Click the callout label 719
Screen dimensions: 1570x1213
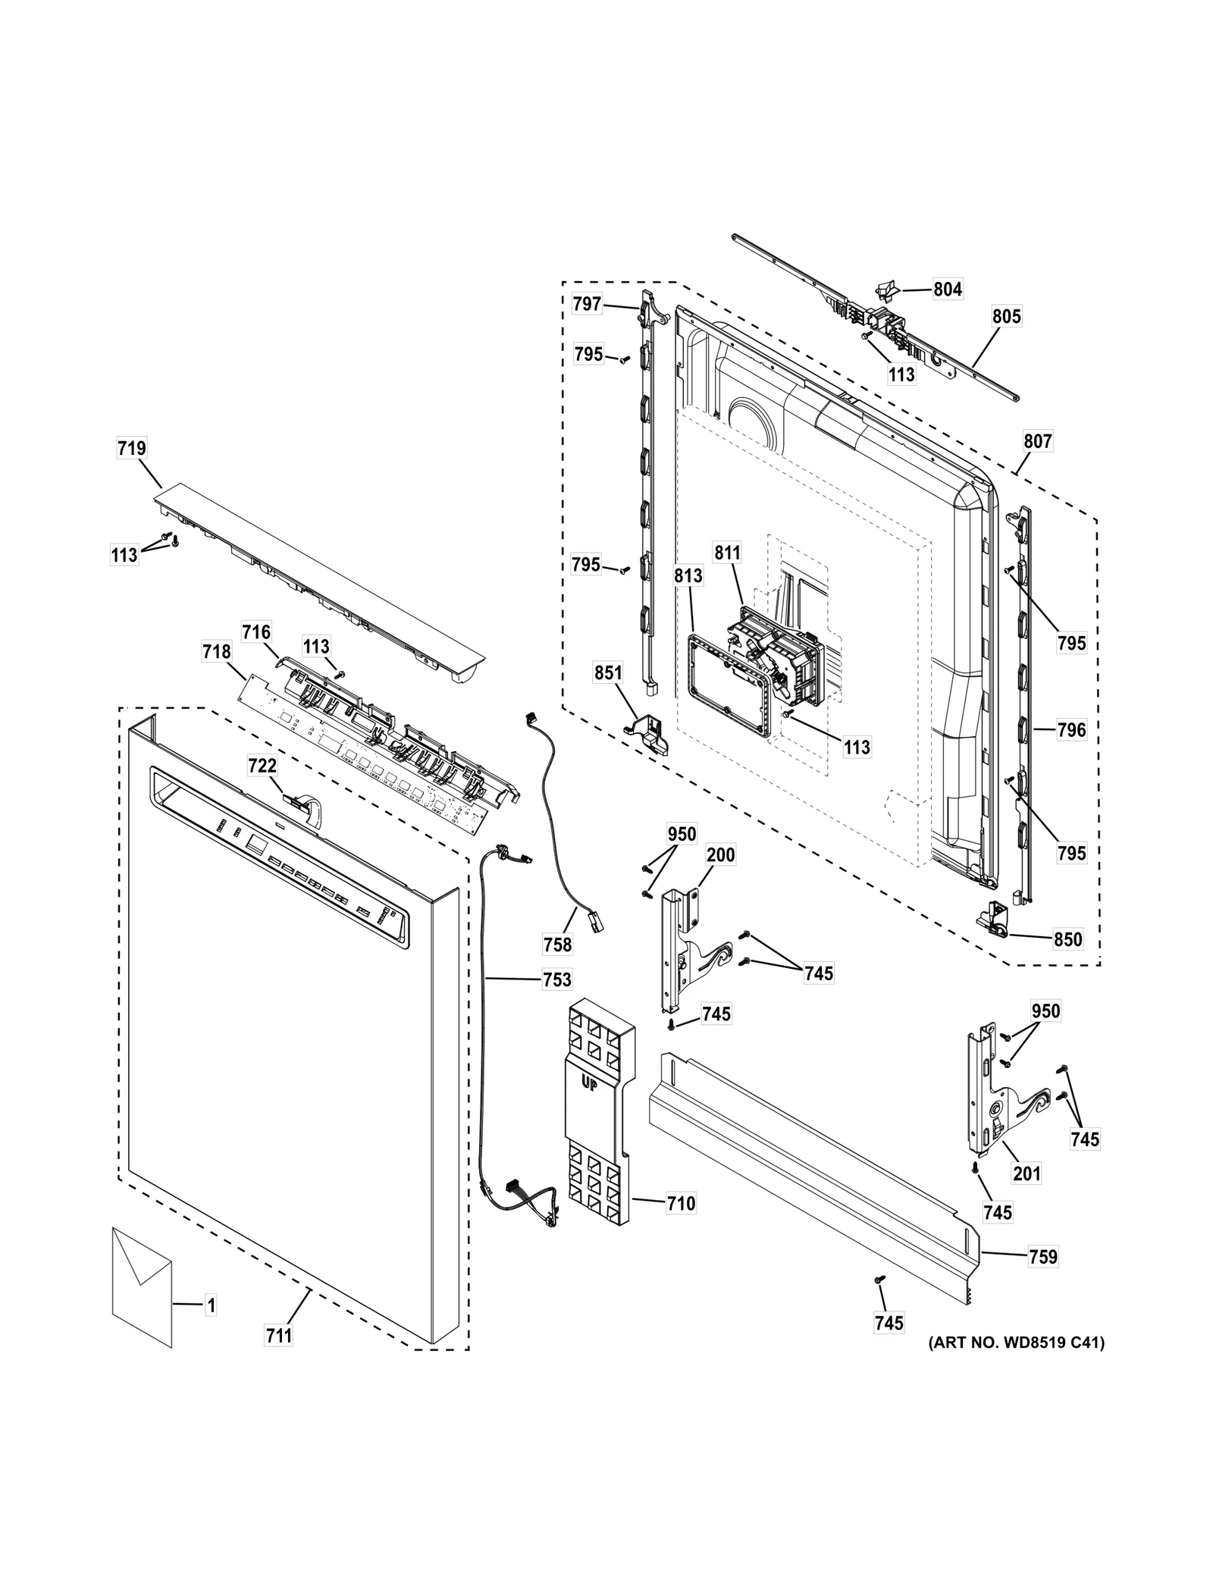131,448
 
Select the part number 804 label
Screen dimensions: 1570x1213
948,289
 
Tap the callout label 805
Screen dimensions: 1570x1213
1007,316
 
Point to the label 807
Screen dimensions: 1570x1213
1038,441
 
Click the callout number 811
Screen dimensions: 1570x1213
727,553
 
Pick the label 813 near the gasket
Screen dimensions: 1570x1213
688,576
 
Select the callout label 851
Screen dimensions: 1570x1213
608,673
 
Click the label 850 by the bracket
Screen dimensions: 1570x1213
1068,939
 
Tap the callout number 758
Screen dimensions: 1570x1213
557,945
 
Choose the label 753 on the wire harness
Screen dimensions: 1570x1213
556,979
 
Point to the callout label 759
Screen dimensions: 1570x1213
1043,1256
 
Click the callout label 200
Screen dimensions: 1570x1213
720,855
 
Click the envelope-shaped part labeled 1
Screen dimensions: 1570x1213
142,1296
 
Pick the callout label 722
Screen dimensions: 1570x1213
262,766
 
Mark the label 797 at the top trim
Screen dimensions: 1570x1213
587,304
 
